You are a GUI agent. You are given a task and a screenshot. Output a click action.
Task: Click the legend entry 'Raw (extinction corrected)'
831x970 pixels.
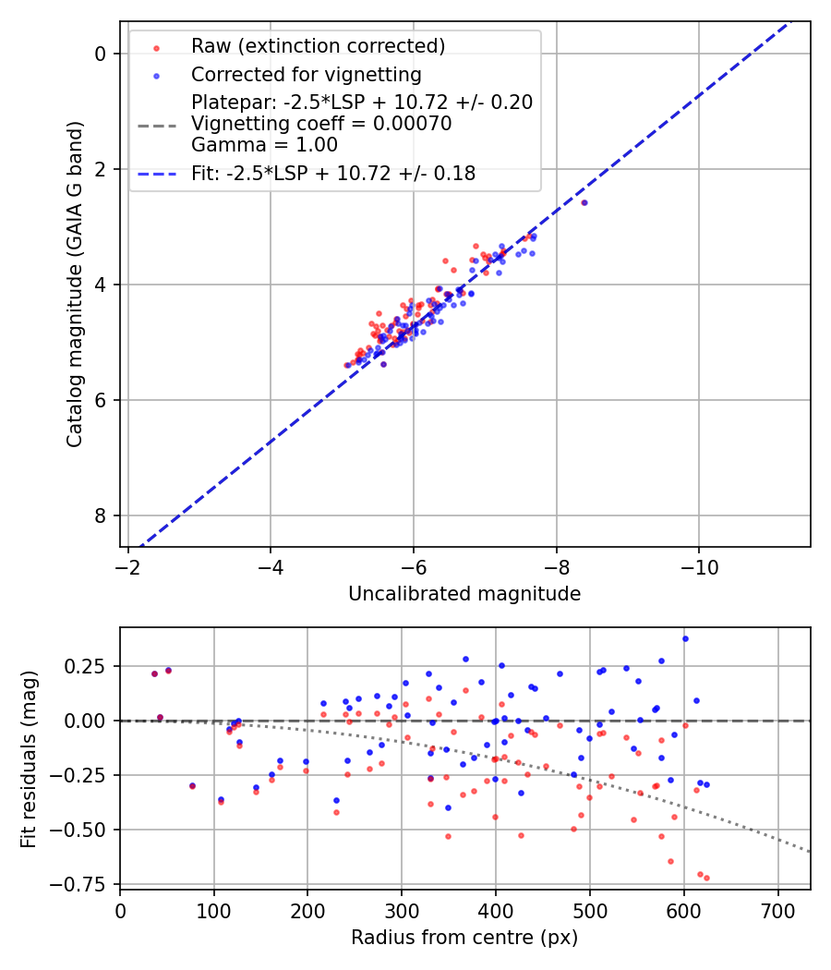click(318, 46)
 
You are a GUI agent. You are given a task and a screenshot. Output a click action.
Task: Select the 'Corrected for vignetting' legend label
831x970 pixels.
click(306, 75)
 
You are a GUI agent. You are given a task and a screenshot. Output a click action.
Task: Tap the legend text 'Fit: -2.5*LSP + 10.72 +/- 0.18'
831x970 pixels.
click(333, 174)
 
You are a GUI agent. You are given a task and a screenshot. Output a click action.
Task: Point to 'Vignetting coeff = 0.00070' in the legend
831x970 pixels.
click(321, 125)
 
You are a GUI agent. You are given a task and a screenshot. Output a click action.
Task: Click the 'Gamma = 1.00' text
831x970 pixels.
click(264, 146)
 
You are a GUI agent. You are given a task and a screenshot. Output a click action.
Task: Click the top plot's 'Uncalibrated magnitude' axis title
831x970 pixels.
click(464, 594)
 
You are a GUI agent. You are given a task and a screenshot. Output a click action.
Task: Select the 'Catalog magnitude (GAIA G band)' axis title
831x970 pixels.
click(75, 285)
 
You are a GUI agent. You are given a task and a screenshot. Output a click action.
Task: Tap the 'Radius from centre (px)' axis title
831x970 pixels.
click(464, 938)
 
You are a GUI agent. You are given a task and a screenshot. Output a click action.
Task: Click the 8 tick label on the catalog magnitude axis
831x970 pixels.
click(101, 515)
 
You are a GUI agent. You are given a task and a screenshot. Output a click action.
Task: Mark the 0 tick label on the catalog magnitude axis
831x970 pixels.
click(101, 54)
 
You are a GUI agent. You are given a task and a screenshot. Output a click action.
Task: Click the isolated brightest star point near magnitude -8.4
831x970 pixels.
click(584, 202)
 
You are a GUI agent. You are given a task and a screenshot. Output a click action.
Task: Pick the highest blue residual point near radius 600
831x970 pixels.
click(685, 638)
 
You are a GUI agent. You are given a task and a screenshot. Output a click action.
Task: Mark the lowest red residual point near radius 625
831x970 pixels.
click(706, 878)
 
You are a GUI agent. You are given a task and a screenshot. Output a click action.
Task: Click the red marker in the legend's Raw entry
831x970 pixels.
click(156, 47)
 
